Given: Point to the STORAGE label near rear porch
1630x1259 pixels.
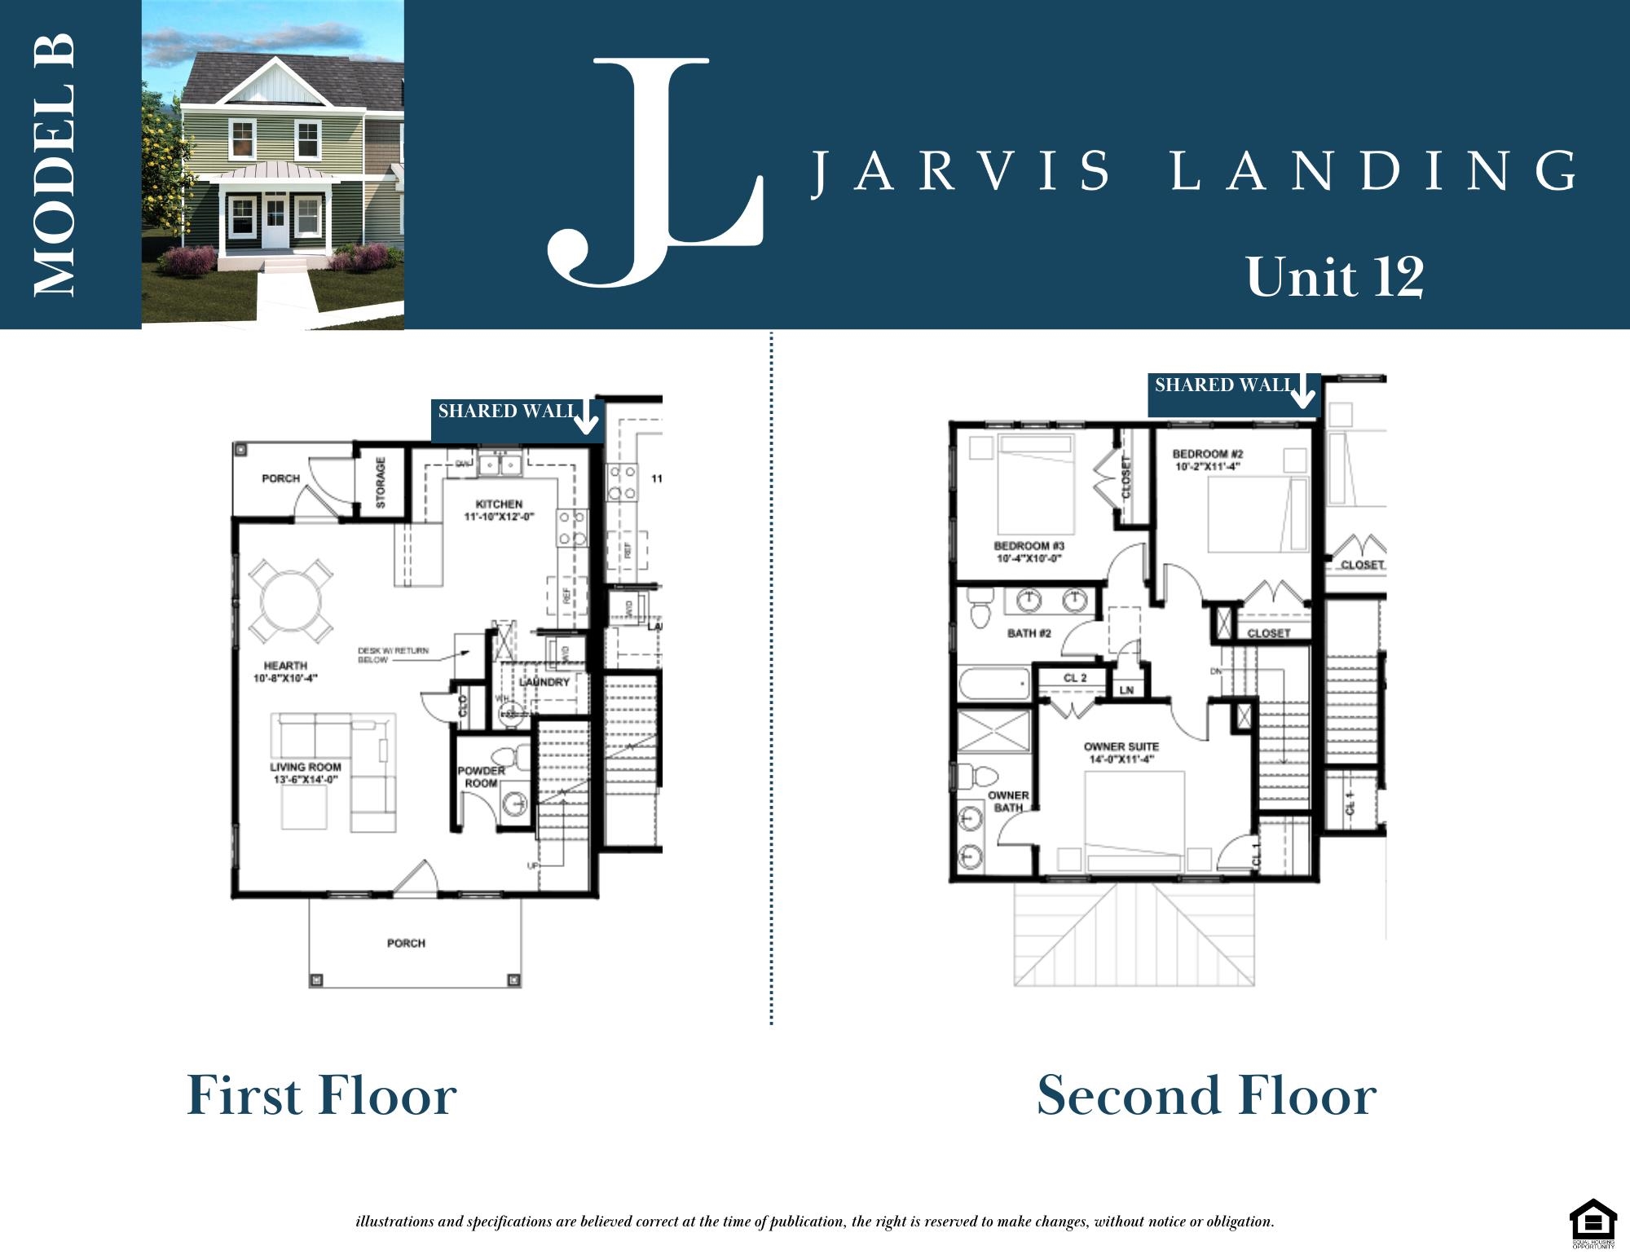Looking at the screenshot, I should pos(381,482).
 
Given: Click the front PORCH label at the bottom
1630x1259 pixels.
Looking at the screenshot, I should pos(406,943).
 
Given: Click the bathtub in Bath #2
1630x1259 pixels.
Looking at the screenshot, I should pos(995,683).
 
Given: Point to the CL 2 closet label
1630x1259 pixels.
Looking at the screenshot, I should pos(1074,678).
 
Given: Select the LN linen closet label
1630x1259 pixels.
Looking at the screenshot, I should pos(1127,690).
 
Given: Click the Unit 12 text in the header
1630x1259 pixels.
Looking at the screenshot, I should pos(1335,277).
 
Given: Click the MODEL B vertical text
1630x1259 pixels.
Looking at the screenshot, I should pos(55,165).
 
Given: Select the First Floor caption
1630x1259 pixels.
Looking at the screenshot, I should pos(322,1096).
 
